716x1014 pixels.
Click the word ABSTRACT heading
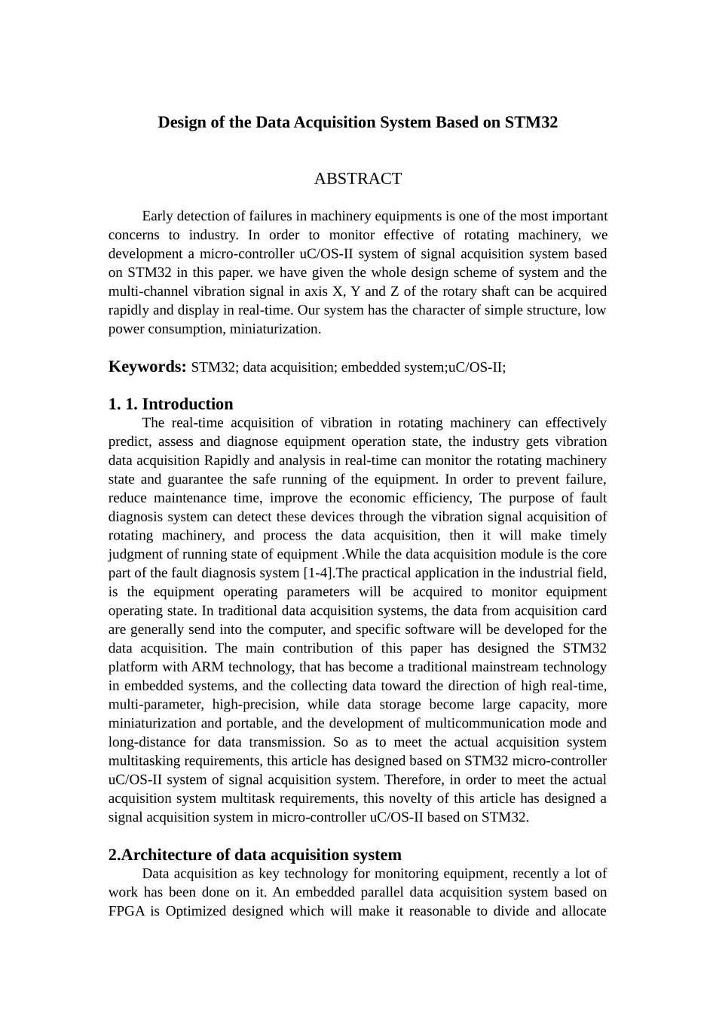[357, 179]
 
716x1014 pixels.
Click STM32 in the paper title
[531, 122]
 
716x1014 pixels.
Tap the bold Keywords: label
[147, 367]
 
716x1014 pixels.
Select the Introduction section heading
[188, 404]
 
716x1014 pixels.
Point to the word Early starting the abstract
[158, 217]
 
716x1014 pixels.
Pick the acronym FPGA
[125, 911]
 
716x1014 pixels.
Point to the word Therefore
[413, 780]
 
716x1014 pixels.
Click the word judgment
[135, 555]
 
